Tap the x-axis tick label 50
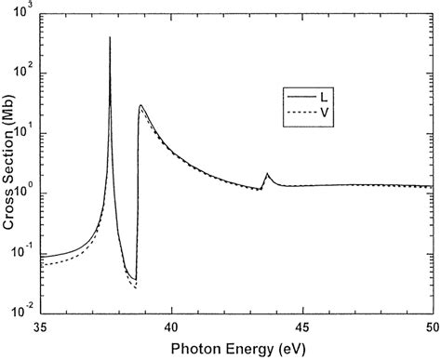(x=431, y=329)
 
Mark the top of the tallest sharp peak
(x=110, y=37)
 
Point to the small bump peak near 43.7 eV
(x=268, y=174)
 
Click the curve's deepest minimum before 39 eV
(x=136, y=286)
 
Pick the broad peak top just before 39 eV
(x=140, y=105)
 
